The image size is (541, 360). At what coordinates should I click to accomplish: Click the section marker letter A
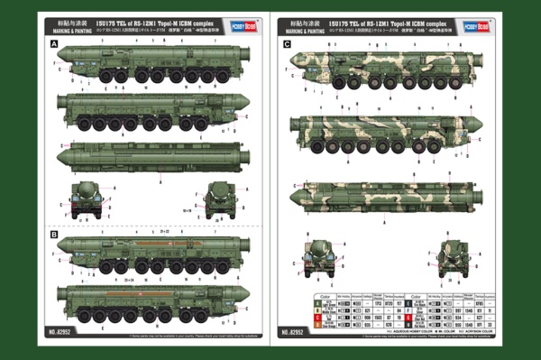54,43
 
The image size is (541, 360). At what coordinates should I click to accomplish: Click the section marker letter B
54,235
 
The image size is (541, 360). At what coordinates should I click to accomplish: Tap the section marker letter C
287,43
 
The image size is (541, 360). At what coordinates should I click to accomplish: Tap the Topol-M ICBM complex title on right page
380,19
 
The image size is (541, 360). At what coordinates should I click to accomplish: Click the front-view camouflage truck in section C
321,257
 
